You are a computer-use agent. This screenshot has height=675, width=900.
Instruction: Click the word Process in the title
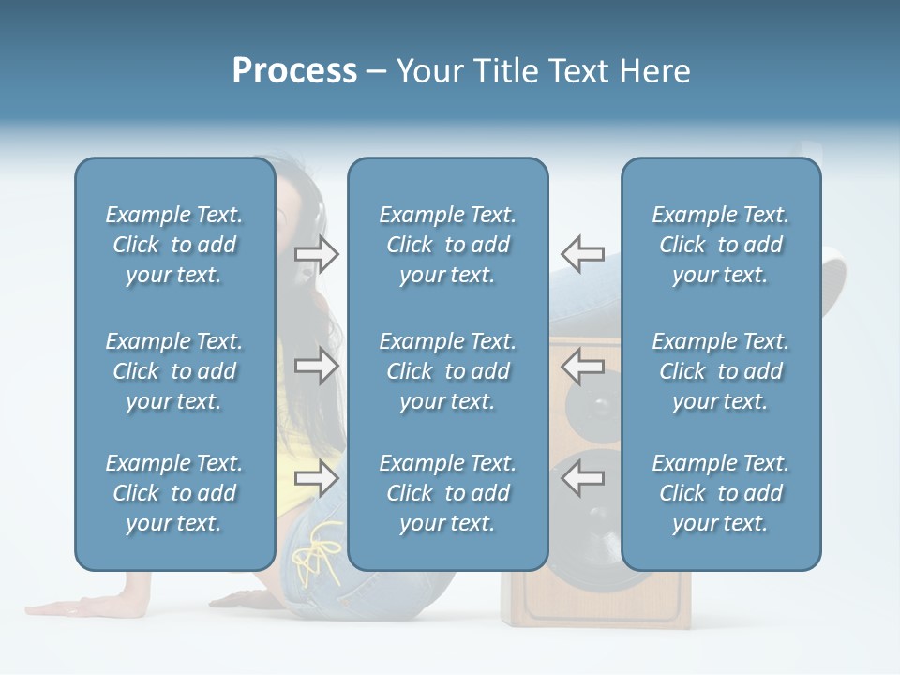[294, 71]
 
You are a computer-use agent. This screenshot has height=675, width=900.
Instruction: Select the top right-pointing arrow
[317, 253]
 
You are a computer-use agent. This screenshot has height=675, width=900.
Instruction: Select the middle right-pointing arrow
[317, 366]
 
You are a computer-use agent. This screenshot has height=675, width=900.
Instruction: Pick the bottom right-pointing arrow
[317, 478]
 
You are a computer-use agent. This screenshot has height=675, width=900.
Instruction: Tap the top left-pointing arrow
[583, 253]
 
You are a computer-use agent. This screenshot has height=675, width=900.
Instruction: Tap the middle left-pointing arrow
[583, 366]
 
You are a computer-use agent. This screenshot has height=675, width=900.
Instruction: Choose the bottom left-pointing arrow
[583, 478]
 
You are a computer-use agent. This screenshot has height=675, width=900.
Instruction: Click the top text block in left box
[174, 245]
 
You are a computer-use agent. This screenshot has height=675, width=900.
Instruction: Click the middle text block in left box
[174, 371]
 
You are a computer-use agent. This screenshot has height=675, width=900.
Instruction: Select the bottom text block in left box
[174, 493]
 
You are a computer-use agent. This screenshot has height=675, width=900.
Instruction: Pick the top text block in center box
[447, 245]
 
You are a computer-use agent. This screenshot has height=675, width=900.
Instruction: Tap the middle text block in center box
[447, 371]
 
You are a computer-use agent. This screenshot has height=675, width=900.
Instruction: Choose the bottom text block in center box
[447, 493]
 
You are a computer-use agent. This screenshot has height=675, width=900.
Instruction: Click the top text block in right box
[720, 245]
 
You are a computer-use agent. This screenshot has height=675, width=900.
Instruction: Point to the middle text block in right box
[720, 371]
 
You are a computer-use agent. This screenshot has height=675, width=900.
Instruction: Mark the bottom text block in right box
[720, 493]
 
